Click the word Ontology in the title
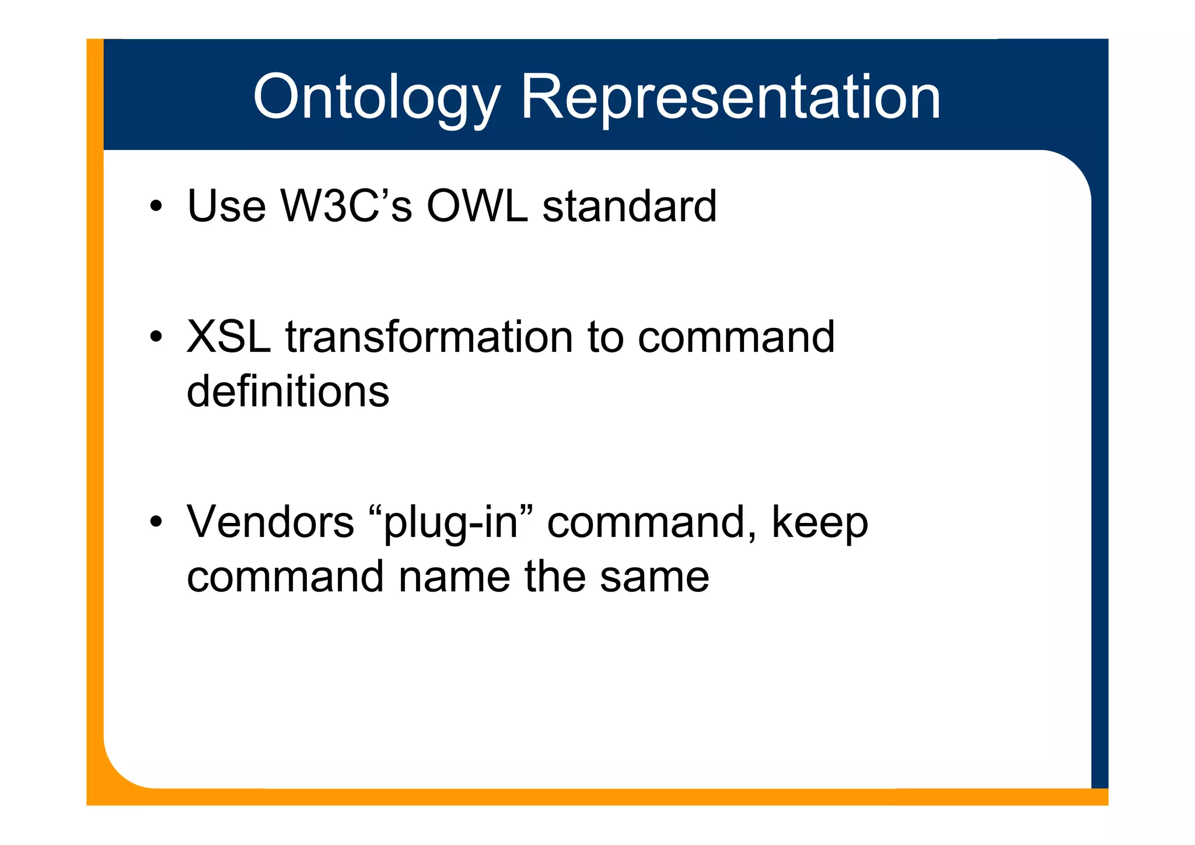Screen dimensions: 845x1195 (x=376, y=97)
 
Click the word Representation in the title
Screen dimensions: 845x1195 (x=730, y=97)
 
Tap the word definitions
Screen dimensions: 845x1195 (x=288, y=392)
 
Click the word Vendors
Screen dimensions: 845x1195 (x=270, y=522)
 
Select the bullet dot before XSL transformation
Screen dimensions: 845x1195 (x=155, y=338)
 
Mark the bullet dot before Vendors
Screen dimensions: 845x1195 (x=155, y=522)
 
